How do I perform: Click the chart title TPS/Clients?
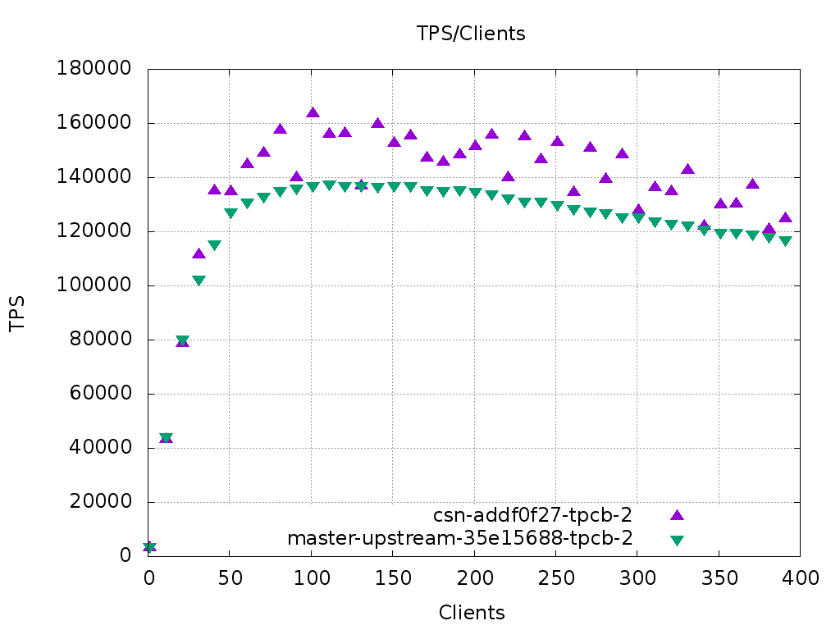(x=471, y=34)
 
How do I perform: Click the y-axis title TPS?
(x=17, y=313)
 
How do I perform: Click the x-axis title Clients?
(x=472, y=612)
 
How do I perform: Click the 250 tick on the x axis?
(x=555, y=577)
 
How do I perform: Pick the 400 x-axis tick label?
(x=800, y=577)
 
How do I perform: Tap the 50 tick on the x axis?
(x=230, y=577)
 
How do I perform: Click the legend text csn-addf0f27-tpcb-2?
(x=533, y=515)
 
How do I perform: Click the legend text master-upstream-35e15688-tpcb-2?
(x=460, y=538)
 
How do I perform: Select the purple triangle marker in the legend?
(x=677, y=515)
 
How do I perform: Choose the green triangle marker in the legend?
(x=677, y=540)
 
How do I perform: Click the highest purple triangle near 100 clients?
(x=313, y=112)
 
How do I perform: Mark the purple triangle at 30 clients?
(x=199, y=253)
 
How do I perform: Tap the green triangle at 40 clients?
(x=214, y=245)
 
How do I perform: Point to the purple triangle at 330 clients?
(x=687, y=169)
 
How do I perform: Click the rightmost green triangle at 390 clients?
(x=785, y=241)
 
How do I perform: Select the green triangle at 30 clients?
(x=199, y=281)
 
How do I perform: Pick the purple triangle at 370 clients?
(x=752, y=184)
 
